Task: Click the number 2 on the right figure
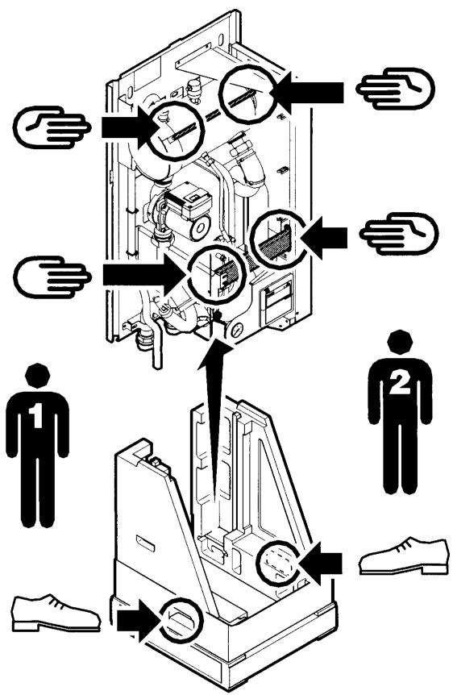click(x=399, y=383)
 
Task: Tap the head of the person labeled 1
click(x=37, y=376)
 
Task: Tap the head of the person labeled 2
click(x=400, y=343)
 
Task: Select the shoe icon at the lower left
click(x=56, y=613)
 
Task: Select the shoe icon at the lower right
click(x=403, y=556)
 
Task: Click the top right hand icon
click(x=396, y=88)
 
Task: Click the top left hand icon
click(x=52, y=127)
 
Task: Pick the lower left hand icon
click(x=52, y=277)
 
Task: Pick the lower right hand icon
click(x=399, y=234)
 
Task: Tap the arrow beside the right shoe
click(x=320, y=564)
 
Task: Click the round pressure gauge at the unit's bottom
click(x=237, y=331)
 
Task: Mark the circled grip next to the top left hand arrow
click(x=176, y=131)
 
